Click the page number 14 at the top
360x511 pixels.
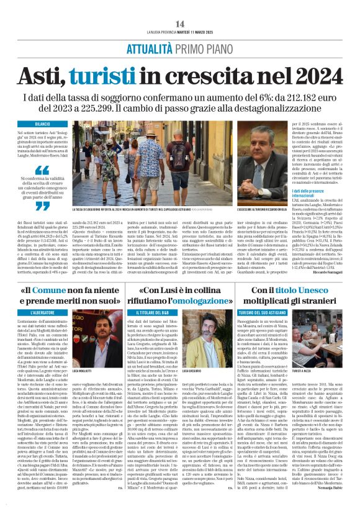click(180, 24)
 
